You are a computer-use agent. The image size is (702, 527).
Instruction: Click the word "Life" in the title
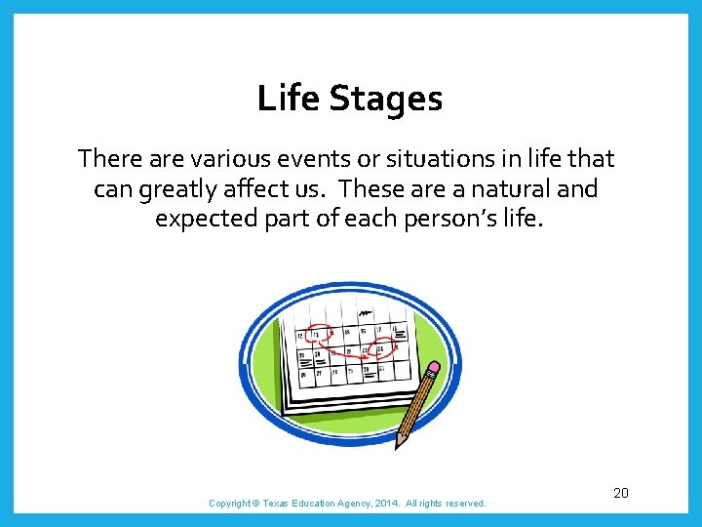pyautogui.click(x=283, y=99)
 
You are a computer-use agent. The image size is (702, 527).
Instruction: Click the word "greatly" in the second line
pyautogui.click(x=182, y=189)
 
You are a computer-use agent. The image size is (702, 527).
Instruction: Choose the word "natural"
pyautogui.click(x=513, y=188)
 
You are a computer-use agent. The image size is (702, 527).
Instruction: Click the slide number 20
pyautogui.click(x=621, y=493)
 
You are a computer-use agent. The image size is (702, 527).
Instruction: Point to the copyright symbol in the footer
pyautogui.click(x=255, y=504)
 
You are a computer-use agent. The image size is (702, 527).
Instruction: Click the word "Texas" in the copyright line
pyautogui.click(x=277, y=504)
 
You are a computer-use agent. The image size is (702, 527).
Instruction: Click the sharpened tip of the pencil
pyautogui.click(x=396, y=447)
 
